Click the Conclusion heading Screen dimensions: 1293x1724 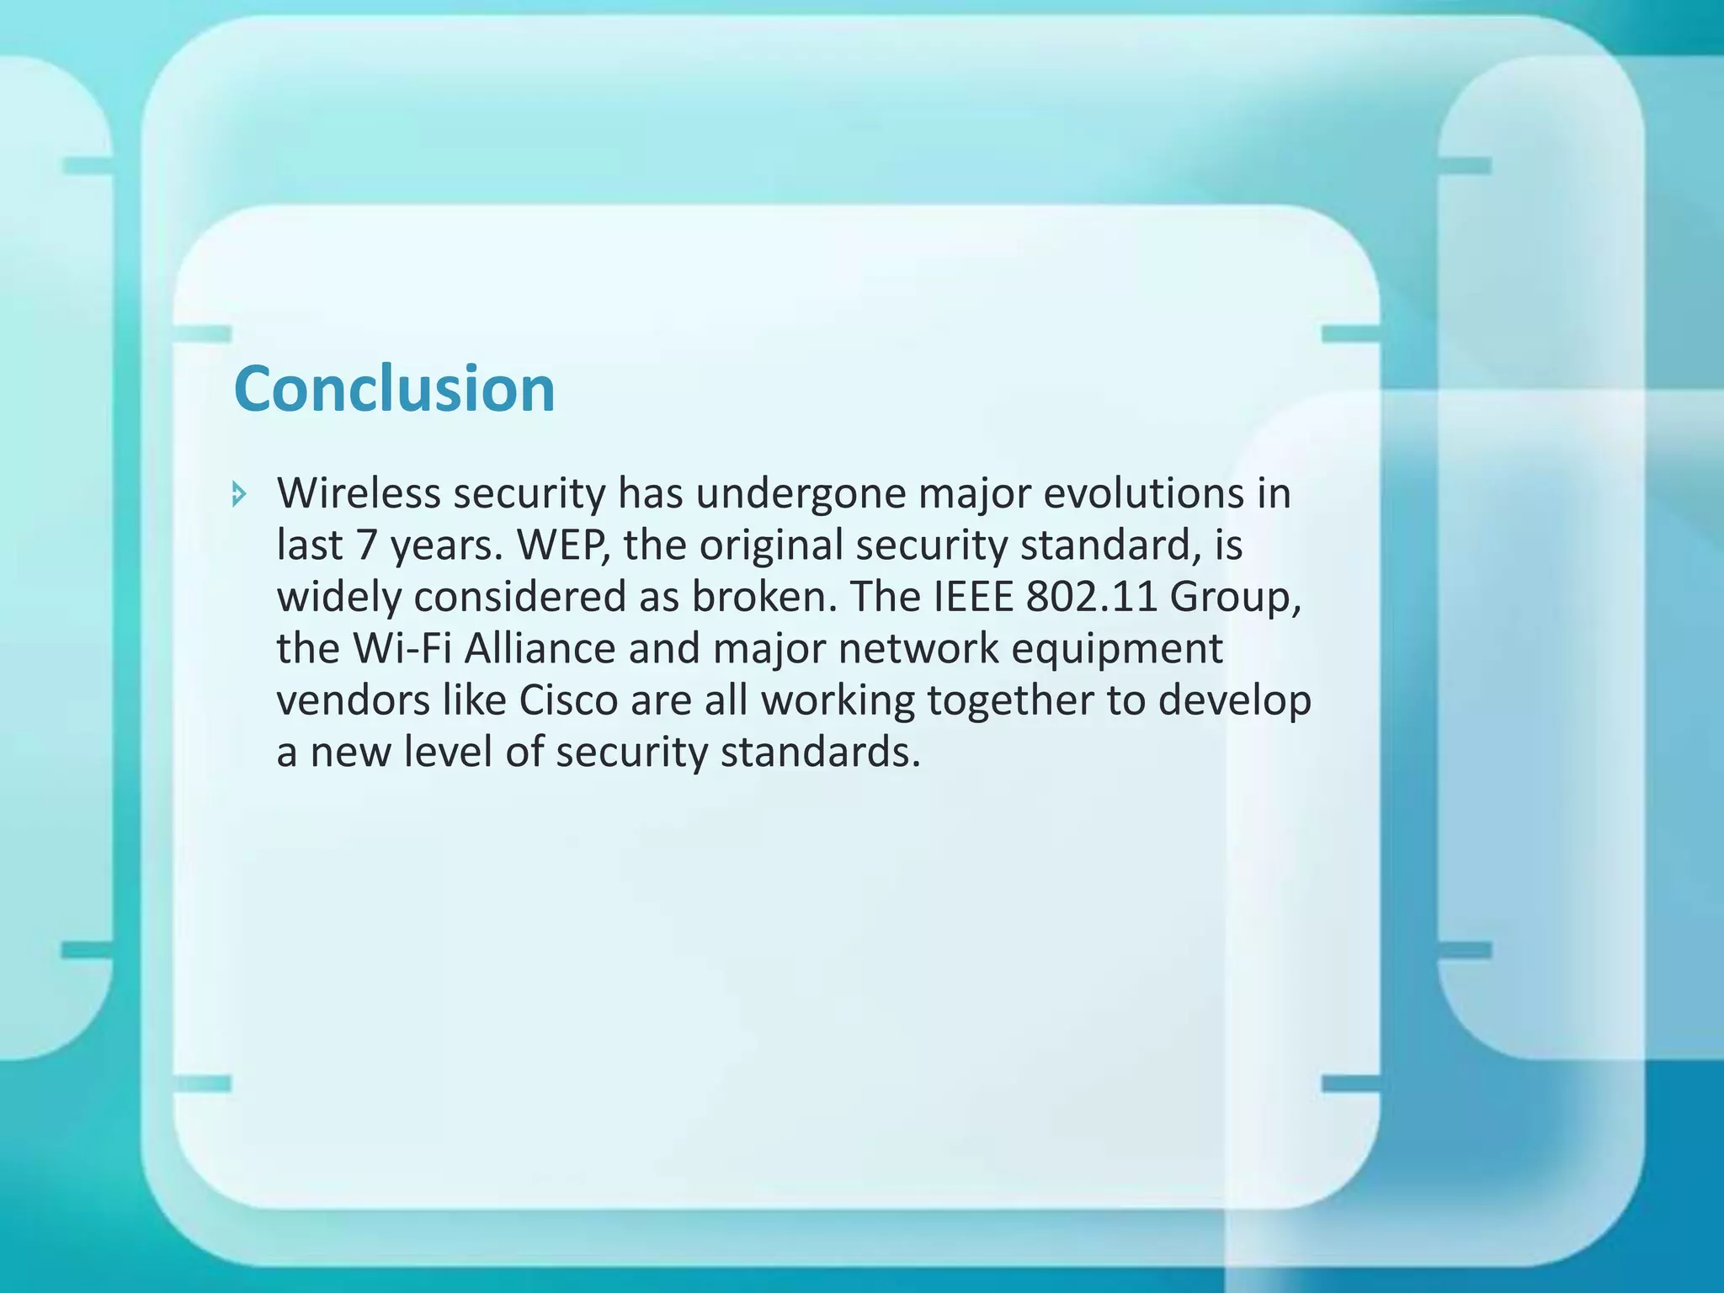point(394,389)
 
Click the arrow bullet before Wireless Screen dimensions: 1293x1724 point(239,494)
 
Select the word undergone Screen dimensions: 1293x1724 point(800,495)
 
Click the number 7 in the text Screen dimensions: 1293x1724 point(365,545)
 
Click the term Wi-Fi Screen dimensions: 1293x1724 point(401,649)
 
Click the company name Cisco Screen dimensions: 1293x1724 point(568,700)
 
